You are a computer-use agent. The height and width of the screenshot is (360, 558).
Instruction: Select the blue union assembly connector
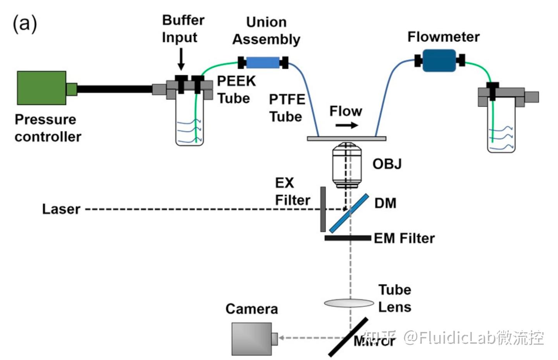coord(263,63)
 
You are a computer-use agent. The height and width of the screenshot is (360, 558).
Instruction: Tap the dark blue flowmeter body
coord(439,61)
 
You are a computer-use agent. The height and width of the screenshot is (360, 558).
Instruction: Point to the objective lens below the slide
coord(346,165)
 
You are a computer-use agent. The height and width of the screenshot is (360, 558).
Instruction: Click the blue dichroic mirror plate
coord(349,213)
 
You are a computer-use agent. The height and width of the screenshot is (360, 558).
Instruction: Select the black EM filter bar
coord(348,238)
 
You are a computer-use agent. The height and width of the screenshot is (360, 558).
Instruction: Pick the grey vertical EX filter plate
coord(323,209)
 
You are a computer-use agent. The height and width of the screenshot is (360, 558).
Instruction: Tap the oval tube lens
coord(349,303)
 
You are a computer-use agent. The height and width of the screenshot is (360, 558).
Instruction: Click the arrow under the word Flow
coord(346,126)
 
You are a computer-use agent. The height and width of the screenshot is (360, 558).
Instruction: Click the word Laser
coord(61,209)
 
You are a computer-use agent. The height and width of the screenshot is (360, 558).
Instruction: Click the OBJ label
coord(387,164)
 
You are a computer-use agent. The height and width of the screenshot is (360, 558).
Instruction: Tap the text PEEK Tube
coord(236,90)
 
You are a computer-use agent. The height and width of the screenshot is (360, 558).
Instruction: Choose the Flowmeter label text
coord(443,37)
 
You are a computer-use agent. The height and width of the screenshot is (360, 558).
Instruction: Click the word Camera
coord(251,309)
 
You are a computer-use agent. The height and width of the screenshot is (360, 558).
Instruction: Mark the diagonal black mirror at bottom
coord(348,336)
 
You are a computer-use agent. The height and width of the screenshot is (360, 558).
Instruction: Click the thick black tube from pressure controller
coord(114,90)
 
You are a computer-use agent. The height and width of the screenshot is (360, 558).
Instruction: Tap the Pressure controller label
coord(48,128)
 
